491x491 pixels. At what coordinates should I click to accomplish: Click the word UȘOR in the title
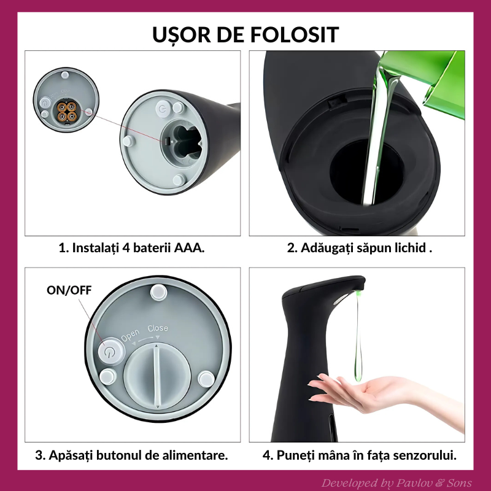pos(179,34)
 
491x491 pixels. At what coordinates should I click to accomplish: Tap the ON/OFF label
pos(69,290)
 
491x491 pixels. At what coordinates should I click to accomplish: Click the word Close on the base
pos(158,328)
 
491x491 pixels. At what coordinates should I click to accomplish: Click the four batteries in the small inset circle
pos(66,111)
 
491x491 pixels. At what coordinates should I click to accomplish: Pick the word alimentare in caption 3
pos(195,455)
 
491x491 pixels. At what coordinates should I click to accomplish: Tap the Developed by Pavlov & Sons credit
pos(396,482)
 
